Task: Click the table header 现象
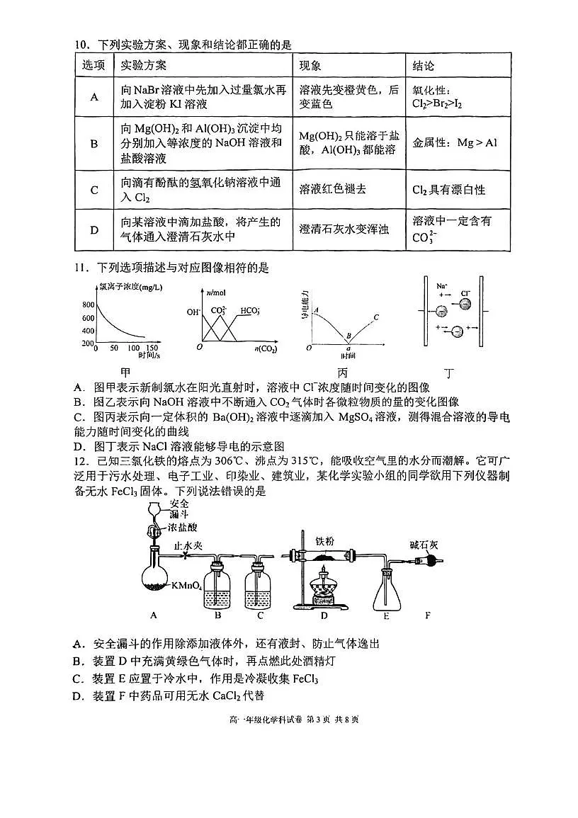310,66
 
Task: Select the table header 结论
424,66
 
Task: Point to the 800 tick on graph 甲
89,305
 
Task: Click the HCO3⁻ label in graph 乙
250,310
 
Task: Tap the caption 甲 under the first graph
125,372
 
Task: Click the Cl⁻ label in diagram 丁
465,292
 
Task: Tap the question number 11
80,268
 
